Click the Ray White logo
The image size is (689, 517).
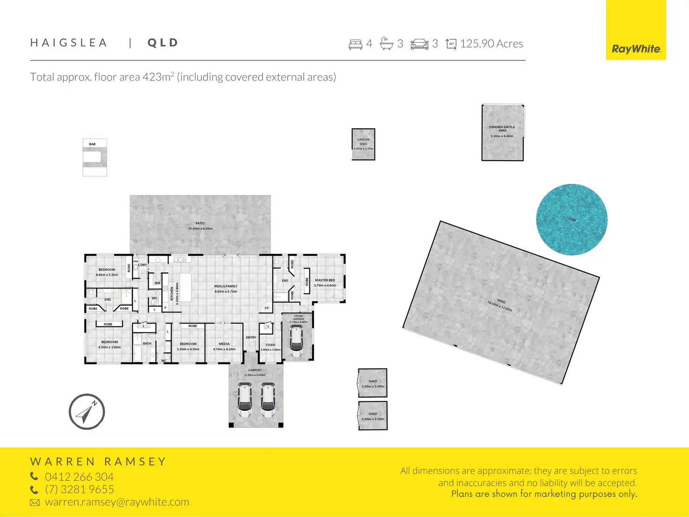point(636,49)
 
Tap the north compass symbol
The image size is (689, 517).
point(87,412)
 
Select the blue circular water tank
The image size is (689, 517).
point(572,219)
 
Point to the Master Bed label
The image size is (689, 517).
point(325,280)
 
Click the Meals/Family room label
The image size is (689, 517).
point(226,286)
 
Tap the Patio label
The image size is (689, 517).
point(200,223)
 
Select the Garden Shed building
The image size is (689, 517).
point(363,144)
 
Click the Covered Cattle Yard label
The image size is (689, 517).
point(502,128)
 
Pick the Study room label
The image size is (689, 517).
point(271,345)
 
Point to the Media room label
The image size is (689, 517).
point(224,344)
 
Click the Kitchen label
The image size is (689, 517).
point(172,294)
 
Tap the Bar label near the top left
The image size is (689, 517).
point(92,144)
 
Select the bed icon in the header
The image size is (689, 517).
point(355,44)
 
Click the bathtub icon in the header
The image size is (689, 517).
point(386,44)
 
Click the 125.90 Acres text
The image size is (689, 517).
point(491,44)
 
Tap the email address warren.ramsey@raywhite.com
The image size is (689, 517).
point(117,502)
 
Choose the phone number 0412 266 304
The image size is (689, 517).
point(79,477)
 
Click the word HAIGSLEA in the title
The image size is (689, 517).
point(69,43)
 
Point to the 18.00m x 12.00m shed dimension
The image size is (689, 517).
point(499,306)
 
